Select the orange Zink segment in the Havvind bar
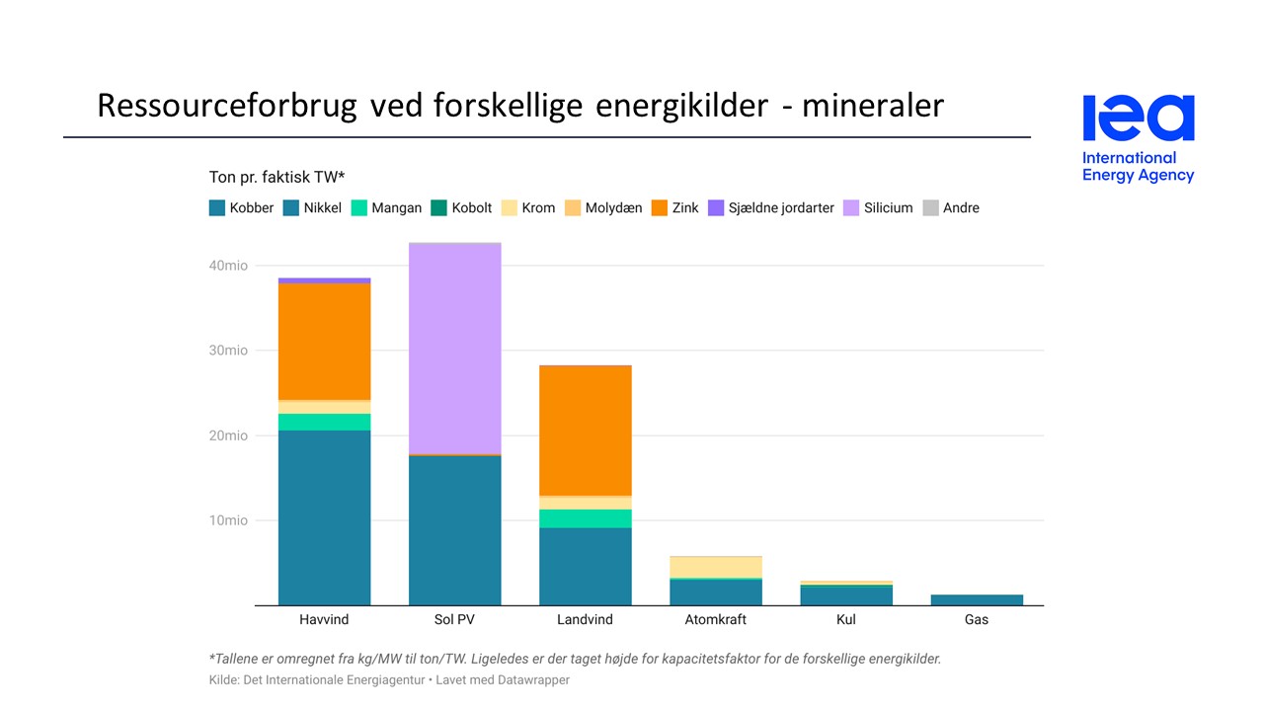324,341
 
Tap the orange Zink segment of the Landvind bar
585,430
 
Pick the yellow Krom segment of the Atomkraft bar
715,567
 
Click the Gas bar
977,599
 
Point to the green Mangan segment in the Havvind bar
324,422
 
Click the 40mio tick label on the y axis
228,266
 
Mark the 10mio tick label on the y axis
228,520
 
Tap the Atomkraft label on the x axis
715,620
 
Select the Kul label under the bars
846,620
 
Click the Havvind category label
324,620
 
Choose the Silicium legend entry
878,208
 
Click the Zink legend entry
675,208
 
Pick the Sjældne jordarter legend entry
771,208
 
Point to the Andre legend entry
951,208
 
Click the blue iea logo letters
1139,118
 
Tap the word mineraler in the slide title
873,106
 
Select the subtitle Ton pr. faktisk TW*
276,178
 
